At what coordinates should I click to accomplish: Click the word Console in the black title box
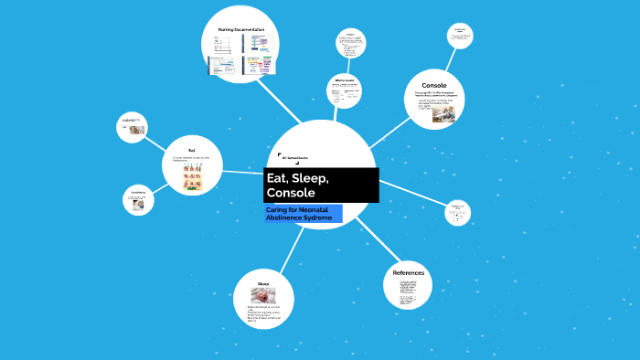click(x=291, y=194)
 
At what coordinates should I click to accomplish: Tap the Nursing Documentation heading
click(x=242, y=30)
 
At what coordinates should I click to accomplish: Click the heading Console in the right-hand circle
click(x=434, y=85)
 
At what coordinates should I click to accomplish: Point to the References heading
click(x=408, y=273)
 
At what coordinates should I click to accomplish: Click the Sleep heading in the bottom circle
click(x=263, y=283)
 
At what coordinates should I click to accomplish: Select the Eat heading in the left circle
click(x=192, y=150)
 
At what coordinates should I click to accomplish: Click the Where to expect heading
click(x=345, y=80)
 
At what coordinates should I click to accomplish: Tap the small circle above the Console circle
click(x=459, y=35)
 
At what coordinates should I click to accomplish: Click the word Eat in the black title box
click(x=276, y=177)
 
